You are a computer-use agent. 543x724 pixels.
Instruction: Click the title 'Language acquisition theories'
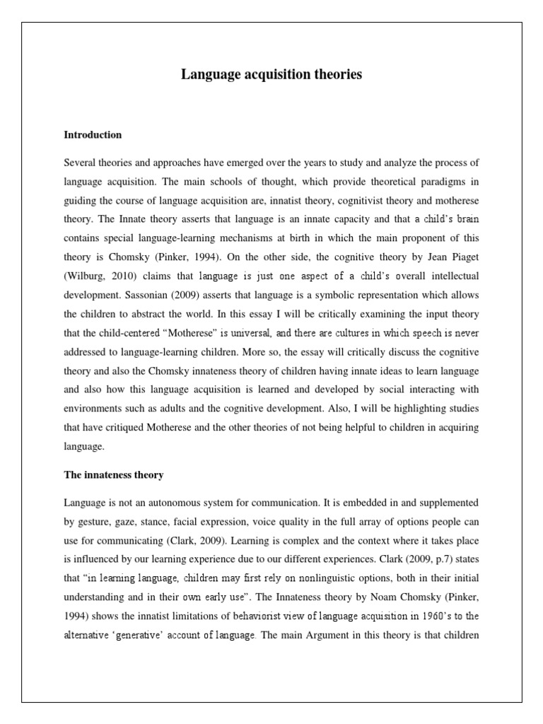click(x=271, y=74)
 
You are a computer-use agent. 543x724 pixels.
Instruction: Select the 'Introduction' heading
click(x=93, y=134)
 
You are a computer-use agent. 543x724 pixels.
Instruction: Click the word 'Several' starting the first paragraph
click(x=80, y=163)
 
